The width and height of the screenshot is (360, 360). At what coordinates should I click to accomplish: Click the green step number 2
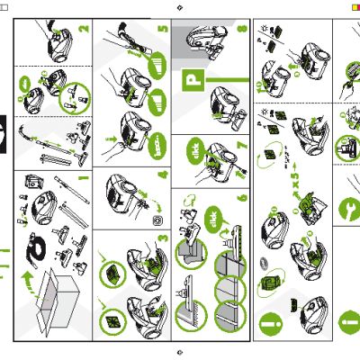tap(85, 28)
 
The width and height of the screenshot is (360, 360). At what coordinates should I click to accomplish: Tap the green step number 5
tap(163, 28)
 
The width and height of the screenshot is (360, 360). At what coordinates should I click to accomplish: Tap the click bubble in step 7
tap(194, 148)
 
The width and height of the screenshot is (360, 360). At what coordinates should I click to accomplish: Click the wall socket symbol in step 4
tap(157, 218)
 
